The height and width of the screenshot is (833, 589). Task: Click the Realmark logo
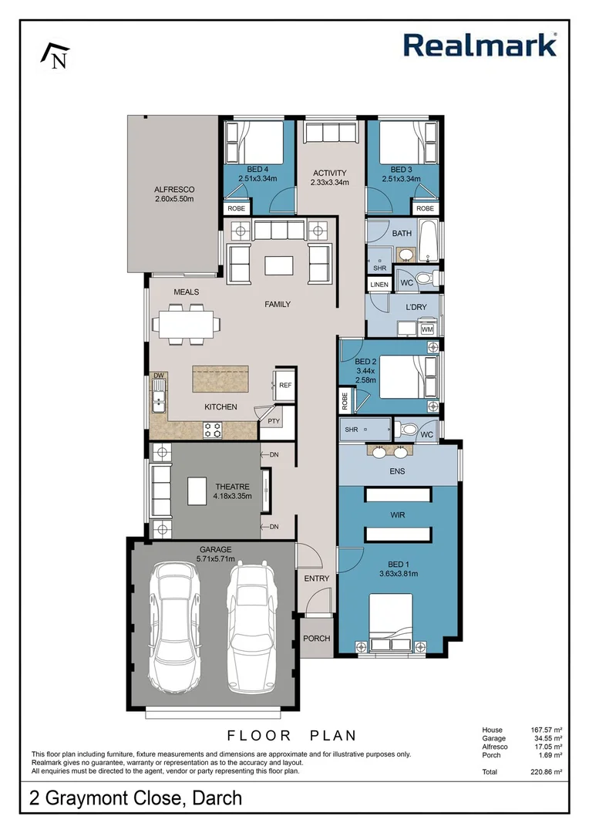tap(480, 45)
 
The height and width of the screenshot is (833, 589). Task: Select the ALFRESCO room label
tap(173, 189)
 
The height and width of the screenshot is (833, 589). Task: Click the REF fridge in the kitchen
tap(284, 385)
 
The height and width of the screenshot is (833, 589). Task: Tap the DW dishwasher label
tap(159, 376)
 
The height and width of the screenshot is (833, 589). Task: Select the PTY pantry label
tap(274, 421)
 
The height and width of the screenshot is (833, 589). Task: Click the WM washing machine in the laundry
tap(427, 329)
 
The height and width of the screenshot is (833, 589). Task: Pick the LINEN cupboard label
tap(379, 285)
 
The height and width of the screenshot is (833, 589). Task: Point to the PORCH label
tap(316, 639)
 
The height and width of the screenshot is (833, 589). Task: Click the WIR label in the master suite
tap(398, 514)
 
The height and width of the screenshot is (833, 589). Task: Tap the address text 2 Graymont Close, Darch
tap(136, 798)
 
